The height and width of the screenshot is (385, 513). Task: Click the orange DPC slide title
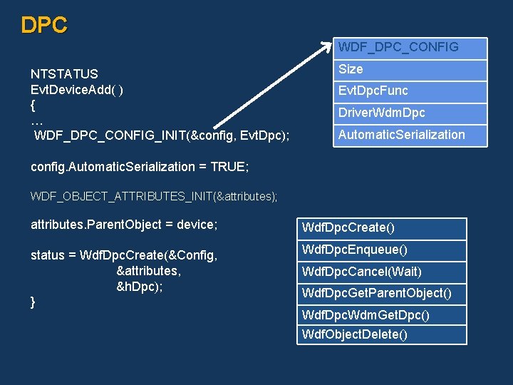pyautogui.click(x=44, y=25)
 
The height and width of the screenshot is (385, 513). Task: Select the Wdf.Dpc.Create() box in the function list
pyautogui.click(x=381, y=228)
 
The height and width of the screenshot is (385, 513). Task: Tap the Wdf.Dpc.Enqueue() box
pyautogui.click(x=381, y=250)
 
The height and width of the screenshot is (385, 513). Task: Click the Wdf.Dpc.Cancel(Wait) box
pyautogui.click(x=381, y=272)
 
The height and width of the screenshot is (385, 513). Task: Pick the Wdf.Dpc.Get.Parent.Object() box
pyautogui.click(x=381, y=293)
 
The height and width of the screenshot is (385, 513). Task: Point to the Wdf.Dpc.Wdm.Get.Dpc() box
pyautogui.click(x=381, y=315)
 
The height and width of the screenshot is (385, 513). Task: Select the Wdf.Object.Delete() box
pyautogui.click(x=381, y=334)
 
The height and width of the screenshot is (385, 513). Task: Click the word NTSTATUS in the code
pyautogui.click(x=64, y=74)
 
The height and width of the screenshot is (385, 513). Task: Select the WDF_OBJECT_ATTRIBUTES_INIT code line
pyautogui.click(x=154, y=196)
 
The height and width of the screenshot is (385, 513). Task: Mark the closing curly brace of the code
pyautogui.click(x=33, y=302)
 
